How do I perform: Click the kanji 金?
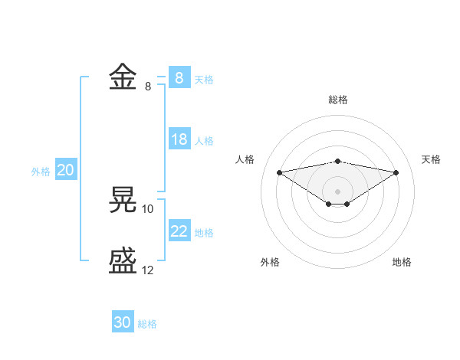(x=123, y=78)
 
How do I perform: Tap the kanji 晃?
(x=123, y=200)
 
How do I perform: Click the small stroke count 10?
(x=148, y=208)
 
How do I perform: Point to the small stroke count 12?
(x=148, y=270)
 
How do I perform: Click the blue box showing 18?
(x=179, y=139)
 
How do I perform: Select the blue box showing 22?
(x=179, y=231)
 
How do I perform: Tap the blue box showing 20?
(x=65, y=170)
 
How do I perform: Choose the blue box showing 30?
(x=123, y=322)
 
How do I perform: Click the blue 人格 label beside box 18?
(x=204, y=141)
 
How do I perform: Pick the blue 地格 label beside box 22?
(x=204, y=233)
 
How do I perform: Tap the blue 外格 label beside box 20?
(x=41, y=172)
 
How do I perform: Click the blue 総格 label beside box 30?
(x=147, y=324)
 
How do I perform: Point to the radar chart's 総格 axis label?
(x=338, y=100)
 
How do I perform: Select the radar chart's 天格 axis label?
(x=431, y=159)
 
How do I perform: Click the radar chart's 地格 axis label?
(x=402, y=262)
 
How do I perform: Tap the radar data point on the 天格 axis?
(x=396, y=172)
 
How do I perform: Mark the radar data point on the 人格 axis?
(x=279, y=172)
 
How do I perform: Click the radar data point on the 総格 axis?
(x=338, y=161)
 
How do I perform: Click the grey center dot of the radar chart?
(x=338, y=191)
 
